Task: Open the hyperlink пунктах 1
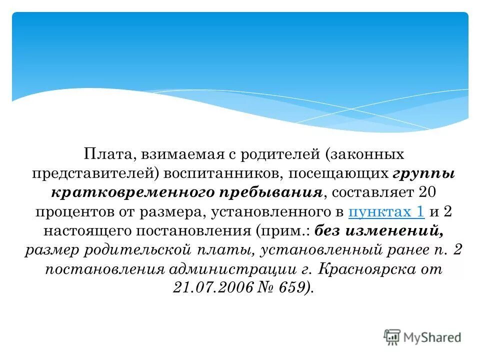pyautogui.click(x=386, y=211)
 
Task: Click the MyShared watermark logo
pyautogui.click(x=422, y=337)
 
